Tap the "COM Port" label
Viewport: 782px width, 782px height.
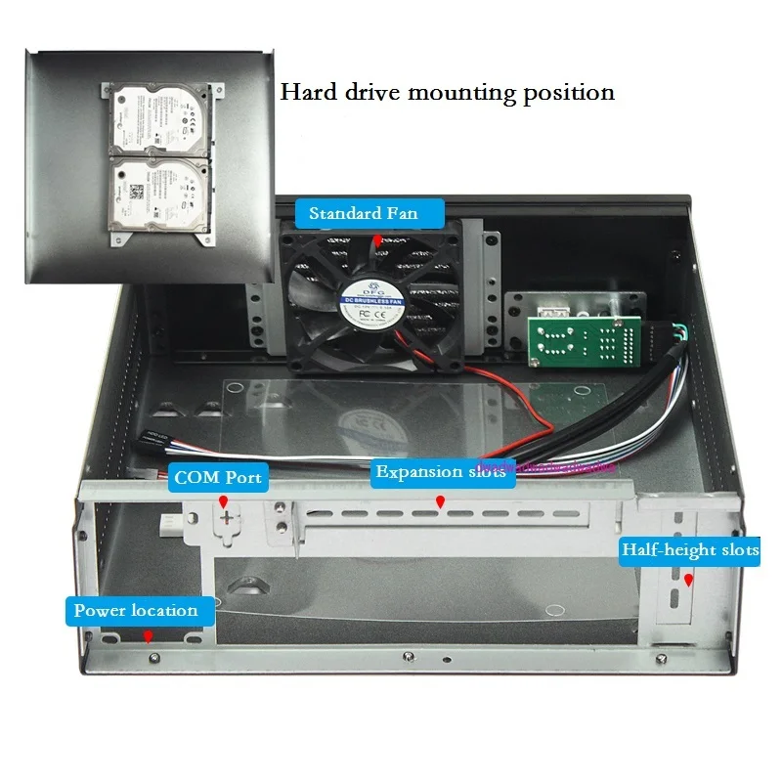pyautogui.click(x=217, y=479)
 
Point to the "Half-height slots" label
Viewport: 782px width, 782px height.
pyautogui.click(x=690, y=549)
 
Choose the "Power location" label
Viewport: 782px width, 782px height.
pyautogui.click(x=136, y=610)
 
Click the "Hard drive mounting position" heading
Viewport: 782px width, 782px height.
pyautogui.click(x=448, y=93)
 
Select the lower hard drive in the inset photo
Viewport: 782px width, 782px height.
pyautogui.click(x=157, y=193)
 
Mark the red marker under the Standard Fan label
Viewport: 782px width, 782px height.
pyautogui.click(x=377, y=239)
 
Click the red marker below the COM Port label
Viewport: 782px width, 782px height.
pyautogui.click(x=223, y=501)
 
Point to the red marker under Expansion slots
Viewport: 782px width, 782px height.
pyautogui.click(x=441, y=501)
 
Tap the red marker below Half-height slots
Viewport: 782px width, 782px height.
pyautogui.click(x=689, y=580)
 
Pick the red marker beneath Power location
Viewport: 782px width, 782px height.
pyautogui.click(x=148, y=636)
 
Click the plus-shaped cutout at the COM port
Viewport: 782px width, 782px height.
pyautogui.click(x=228, y=517)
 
